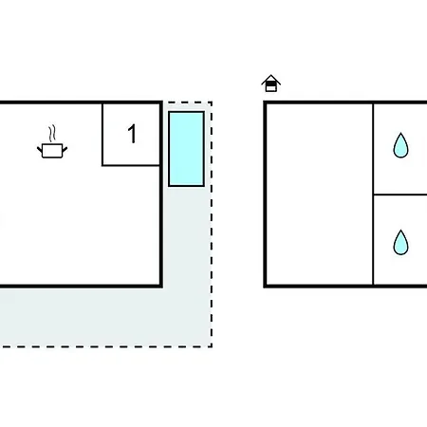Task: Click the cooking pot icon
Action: (52, 150)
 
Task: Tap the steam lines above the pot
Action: (52, 134)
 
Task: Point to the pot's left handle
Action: (40, 150)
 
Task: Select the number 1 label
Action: (132, 134)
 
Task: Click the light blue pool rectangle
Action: (186, 149)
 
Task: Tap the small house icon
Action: (271, 84)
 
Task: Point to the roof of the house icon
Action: (271, 80)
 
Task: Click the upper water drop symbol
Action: (400, 145)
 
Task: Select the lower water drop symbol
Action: (400, 242)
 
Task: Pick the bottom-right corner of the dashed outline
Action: (212, 346)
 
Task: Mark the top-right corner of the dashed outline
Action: (212, 102)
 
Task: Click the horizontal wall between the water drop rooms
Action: (400, 195)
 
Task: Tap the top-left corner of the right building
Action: (265, 102)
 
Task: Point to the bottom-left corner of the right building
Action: (265, 287)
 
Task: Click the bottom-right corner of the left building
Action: (161, 287)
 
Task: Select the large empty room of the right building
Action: (320, 195)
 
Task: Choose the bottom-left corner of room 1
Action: (102, 165)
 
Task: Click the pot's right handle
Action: (65, 150)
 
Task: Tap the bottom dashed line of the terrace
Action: (106, 346)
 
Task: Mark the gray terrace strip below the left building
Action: (104, 317)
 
